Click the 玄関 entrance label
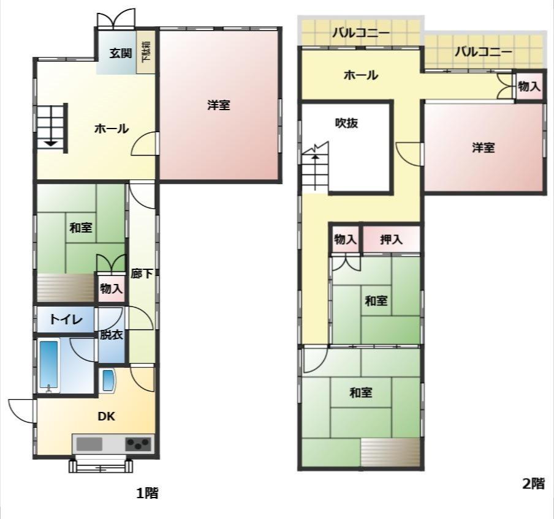point(121,53)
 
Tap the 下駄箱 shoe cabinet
point(146,52)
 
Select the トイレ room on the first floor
point(66,319)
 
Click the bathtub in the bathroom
point(49,365)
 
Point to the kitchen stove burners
point(138,444)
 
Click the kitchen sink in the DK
point(89,444)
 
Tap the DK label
point(107,417)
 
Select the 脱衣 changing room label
point(112,335)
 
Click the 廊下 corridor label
point(142,274)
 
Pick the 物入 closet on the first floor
point(112,289)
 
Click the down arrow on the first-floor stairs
point(51,143)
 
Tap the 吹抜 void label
point(347,123)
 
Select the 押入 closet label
point(391,239)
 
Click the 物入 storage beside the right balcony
point(528,86)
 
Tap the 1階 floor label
point(147,493)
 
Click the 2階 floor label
point(534,484)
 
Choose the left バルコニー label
point(361,33)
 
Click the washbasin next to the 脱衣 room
point(109,380)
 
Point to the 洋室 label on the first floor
point(219,105)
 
